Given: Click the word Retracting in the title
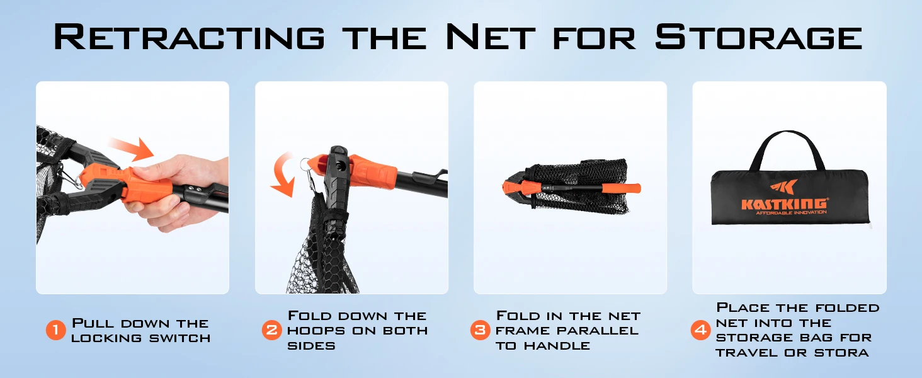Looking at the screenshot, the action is tap(190, 37).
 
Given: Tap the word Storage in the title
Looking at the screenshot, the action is tap(759, 37).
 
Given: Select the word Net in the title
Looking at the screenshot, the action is tap(491, 37).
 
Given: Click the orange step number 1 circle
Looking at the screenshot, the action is tap(56, 330).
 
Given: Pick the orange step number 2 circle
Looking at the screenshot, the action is tap(271, 330).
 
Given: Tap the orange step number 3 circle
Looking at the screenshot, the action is tap(481, 330).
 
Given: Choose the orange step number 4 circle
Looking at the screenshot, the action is tap(700, 330).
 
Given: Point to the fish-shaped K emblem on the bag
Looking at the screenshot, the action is tap(783, 187).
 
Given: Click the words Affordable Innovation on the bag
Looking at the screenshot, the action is tap(791, 212).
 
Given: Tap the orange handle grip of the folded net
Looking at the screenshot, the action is tap(622, 188).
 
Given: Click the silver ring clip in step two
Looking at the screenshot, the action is tap(305, 164).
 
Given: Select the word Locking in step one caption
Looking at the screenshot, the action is tap(106, 338).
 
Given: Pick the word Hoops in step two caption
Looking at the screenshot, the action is tap(316, 331).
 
